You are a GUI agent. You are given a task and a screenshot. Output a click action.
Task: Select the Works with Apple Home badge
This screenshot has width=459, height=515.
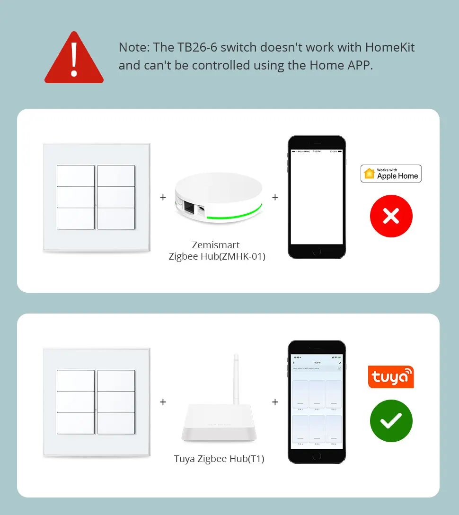[391, 174]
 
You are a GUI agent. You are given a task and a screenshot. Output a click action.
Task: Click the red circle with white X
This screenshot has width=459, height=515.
[391, 216]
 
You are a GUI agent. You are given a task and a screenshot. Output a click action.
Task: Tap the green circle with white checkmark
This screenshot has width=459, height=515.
[391, 421]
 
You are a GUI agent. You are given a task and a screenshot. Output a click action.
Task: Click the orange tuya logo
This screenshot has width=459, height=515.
[391, 377]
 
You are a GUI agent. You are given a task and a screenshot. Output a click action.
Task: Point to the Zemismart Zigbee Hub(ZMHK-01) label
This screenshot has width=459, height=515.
[216, 251]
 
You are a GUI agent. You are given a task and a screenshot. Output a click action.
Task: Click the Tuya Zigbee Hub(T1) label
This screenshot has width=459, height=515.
[219, 459]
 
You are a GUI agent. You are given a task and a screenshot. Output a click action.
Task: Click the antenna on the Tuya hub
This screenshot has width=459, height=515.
[235, 378]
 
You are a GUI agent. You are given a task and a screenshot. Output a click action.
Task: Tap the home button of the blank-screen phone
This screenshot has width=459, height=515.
[317, 251]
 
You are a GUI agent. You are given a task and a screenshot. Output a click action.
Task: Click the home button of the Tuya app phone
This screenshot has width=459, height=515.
[317, 455]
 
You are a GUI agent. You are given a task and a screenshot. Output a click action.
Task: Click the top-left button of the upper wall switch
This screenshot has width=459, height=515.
[76, 175]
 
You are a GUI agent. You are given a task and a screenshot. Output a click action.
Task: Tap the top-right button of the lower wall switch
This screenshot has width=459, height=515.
[116, 380]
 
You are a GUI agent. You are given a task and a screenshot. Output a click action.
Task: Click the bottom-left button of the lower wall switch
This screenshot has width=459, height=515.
[76, 423]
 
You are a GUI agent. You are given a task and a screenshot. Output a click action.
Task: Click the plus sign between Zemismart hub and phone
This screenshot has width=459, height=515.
[275, 197]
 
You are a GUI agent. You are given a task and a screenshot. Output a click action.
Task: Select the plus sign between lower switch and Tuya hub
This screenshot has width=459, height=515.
[163, 402]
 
